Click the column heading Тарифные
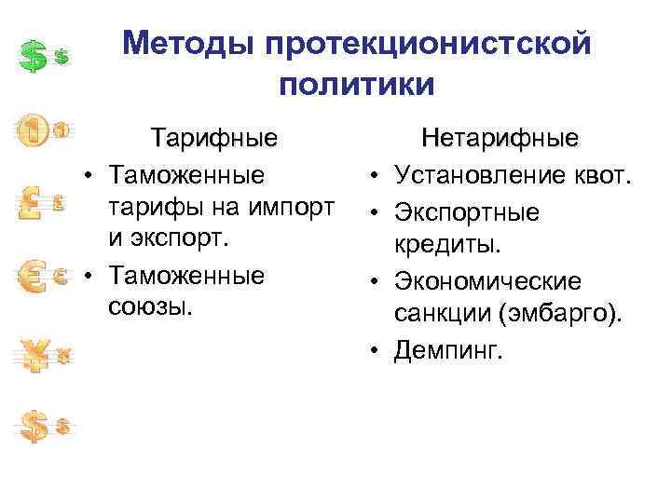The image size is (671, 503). coord(215,140)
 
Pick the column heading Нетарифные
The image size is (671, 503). coord(500,140)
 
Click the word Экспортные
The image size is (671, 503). coord(466,212)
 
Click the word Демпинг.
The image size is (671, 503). coord(448,350)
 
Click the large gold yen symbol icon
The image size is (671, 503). coord(35,355)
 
